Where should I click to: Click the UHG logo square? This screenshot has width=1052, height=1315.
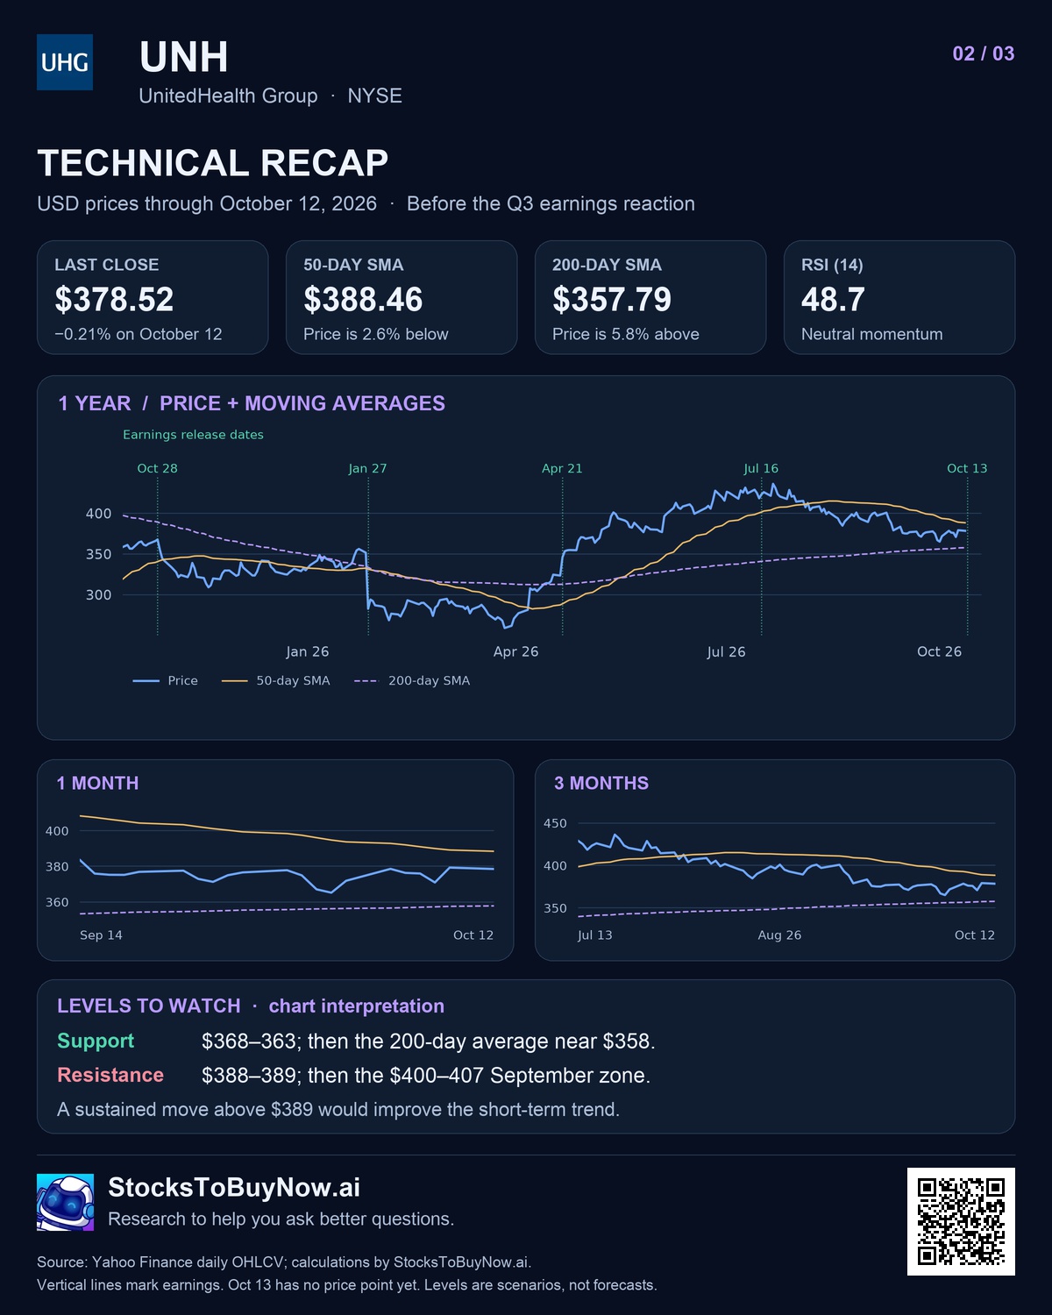point(65,61)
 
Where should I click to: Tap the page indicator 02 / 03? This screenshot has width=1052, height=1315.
point(983,53)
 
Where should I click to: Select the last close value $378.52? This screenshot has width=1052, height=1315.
point(114,300)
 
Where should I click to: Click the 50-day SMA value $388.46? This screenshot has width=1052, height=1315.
point(363,300)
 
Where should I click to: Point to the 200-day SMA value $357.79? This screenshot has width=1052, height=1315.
point(612,300)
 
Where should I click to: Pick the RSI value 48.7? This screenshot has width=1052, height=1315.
point(833,300)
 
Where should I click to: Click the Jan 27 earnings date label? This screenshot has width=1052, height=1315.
point(367,468)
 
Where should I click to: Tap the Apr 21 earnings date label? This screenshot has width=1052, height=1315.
point(562,468)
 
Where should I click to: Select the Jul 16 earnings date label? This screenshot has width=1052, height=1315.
point(761,468)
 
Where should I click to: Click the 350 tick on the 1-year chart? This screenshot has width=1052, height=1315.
point(98,554)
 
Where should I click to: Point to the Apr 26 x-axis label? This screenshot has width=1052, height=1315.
point(515,651)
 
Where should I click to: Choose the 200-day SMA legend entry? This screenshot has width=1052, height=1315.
point(412,680)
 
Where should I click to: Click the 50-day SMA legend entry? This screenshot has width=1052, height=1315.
point(275,680)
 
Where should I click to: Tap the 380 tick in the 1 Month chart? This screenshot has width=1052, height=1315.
point(57,866)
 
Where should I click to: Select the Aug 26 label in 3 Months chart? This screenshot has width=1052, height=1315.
point(779,935)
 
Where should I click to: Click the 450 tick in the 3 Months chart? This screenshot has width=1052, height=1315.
point(555,823)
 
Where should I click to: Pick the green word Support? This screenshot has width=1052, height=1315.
point(96,1041)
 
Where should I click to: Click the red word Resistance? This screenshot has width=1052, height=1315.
point(110,1075)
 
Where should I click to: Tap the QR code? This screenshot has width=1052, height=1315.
point(961,1221)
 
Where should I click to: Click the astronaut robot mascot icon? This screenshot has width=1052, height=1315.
point(66,1202)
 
